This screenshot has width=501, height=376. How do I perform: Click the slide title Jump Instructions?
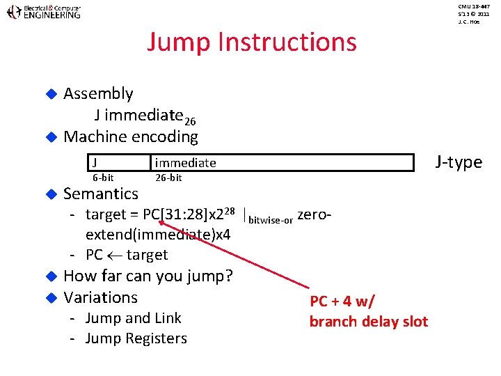click(x=251, y=42)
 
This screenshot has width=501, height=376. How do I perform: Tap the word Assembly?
click(x=98, y=93)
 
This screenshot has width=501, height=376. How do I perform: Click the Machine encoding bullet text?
click(x=131, y=136)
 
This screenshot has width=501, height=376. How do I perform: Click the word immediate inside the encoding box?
click(x=185, y=163)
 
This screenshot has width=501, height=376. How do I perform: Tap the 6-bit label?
click(x=103, y=178)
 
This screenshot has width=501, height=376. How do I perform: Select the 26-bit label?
click(x=168, y=178)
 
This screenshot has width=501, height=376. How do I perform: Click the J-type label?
click(x=459, y=162)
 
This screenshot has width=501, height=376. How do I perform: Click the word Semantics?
click(x=101, y=193)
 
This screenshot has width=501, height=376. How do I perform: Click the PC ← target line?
click(x=126, y=255)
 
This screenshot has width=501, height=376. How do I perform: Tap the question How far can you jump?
click(x=148, y=276)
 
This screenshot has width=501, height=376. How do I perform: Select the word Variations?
click(x=101, y=297)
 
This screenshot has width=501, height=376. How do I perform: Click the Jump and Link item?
click(x=133, y=318)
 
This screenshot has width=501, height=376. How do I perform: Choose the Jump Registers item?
click(x=136, y=339)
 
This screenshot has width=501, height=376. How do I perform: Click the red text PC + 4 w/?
click(x=342, y=301)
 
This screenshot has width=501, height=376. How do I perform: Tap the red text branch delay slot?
click(x=368, y=322)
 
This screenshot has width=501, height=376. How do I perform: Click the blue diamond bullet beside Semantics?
click(x=50, y=194)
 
